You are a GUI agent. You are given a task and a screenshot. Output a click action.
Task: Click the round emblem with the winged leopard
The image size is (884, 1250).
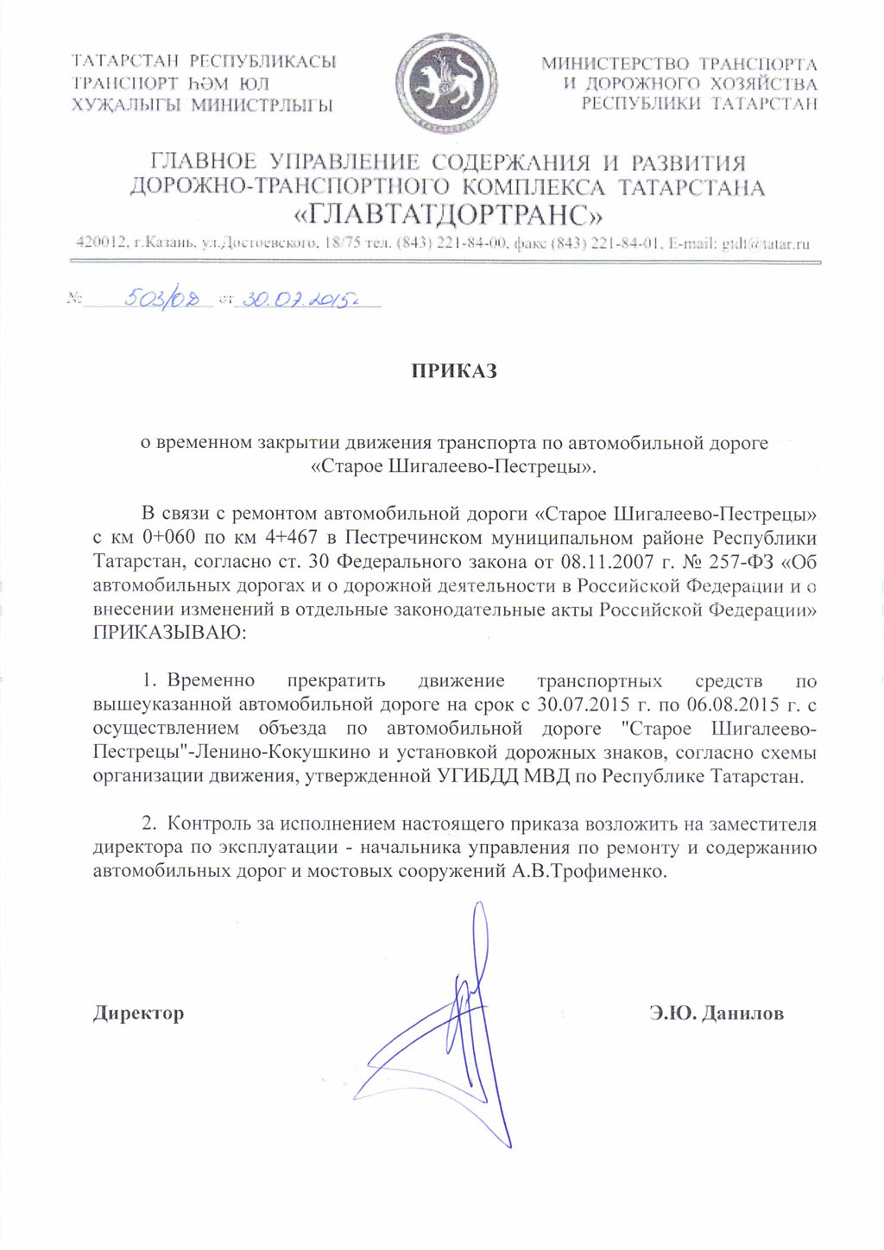pyautogui.click(x=445, y=83)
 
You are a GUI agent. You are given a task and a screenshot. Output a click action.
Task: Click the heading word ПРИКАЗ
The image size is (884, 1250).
pyautogui.click(x=454, y=371)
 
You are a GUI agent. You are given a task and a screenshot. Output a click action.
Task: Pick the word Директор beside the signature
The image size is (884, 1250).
pyautogui.click(x=138, y=1013)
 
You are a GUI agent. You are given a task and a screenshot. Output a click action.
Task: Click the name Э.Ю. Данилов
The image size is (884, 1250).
pyautogui.click(x=717, y=1013)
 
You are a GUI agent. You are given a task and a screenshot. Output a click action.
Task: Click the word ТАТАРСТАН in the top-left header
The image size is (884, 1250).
pyautogui.click(x=125, y=61)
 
